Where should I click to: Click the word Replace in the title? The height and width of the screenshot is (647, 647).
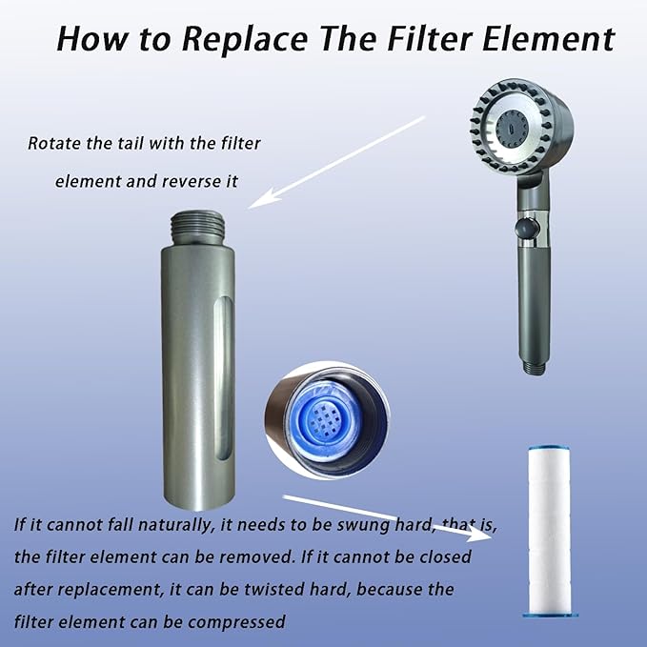tap(245, 40)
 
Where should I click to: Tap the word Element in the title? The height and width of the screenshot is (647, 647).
tap(549, 39)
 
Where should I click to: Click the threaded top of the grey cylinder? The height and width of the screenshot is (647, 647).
tap(197, 229)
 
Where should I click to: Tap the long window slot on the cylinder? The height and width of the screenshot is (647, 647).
tap(224, 377)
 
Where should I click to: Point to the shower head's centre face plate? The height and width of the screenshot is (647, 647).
tap(512, 128)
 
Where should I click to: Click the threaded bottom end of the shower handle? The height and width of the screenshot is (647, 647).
tap(535, 368)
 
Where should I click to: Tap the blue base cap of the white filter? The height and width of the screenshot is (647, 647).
tap(551, 615)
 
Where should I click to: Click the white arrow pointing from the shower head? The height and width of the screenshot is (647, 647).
tap(336, 162)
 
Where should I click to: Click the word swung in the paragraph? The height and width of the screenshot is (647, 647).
tap(363, 525)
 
